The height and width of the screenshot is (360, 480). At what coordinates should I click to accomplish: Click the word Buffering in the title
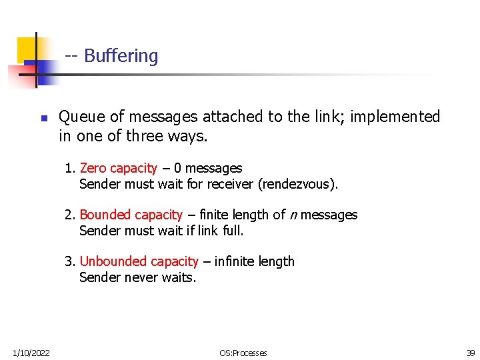(x=121, y=56)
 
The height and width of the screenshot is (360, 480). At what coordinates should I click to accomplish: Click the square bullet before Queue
(x=44, y=118)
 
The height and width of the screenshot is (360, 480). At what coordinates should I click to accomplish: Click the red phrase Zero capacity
(x=118, y=168)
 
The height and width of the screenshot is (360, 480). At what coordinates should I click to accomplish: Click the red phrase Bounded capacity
(x=131, y=215)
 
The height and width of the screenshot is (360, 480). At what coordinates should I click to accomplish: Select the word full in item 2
(x=233, y=231)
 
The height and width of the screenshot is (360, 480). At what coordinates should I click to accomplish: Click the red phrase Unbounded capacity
(x=139, y=261)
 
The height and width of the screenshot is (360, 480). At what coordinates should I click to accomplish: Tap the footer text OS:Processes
(x=243, y=353)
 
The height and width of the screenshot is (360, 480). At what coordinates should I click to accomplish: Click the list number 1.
(x=68, y=168)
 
